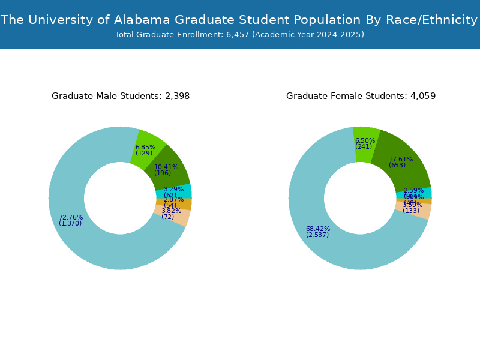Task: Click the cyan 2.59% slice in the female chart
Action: (424, 193)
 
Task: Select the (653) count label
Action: (397, 166)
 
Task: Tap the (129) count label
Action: (144, 154)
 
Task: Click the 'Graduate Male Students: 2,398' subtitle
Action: (121, 96)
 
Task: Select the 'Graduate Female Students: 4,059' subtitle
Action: (361, 96)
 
